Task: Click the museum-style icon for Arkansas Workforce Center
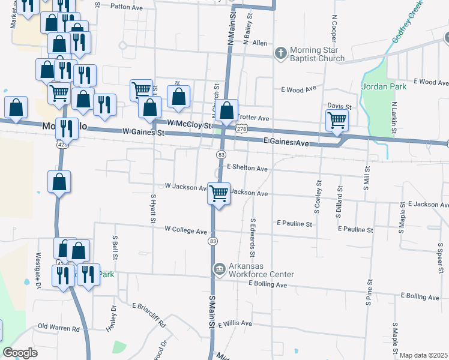[x=219, y=268]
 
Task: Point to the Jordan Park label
[x=384, y=86]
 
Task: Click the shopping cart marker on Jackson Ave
[x=219, y=194]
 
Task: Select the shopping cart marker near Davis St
[x=337, y=120]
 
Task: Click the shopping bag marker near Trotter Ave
[x=226, y=111]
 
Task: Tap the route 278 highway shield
[x=241, y=129]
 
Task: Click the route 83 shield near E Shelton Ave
[x=221, y=155]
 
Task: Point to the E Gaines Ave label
[x=286, y=142]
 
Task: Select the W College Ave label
[x=186, y=230]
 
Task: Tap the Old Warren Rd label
[x=59, y=328]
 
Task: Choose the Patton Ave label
[x=124, y=7]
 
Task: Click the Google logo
[x=20, y=352]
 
